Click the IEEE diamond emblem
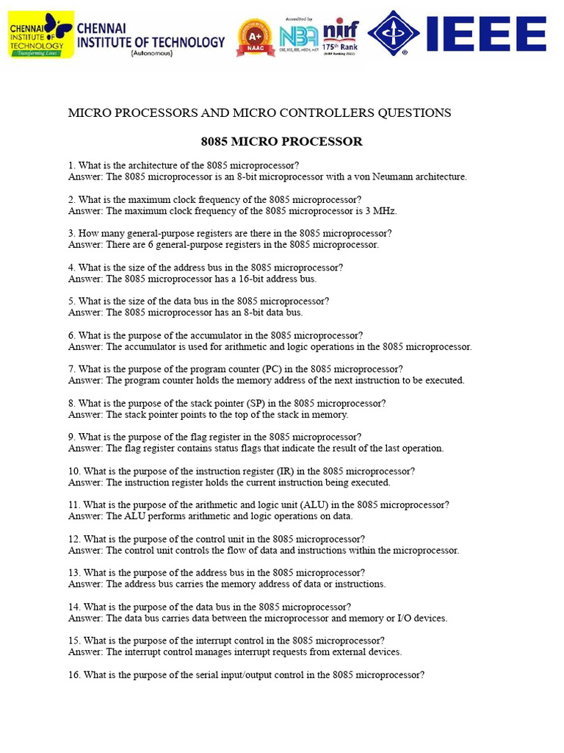point(394,34)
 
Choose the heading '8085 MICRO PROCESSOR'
point(281,141)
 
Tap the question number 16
point(74,675)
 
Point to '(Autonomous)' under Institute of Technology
point(151,54)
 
